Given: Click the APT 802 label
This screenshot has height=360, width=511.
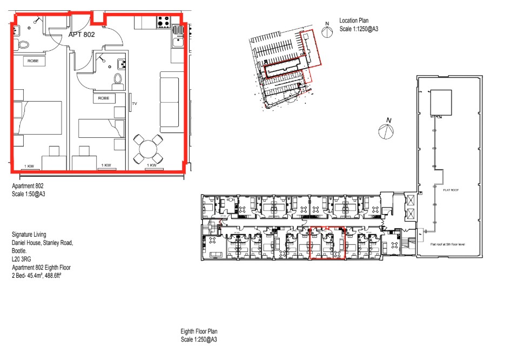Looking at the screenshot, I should (82, 34).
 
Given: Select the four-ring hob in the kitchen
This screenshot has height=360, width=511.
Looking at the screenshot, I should (163, 22).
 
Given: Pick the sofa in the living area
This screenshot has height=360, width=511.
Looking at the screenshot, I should (169, 101).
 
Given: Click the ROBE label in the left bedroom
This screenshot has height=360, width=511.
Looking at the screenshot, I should (32, 61).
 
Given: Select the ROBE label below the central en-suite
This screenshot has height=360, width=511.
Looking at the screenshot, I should (104, 98).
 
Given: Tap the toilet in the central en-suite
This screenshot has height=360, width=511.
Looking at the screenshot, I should (117, 82).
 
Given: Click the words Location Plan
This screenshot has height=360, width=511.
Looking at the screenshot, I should (354, 20).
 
